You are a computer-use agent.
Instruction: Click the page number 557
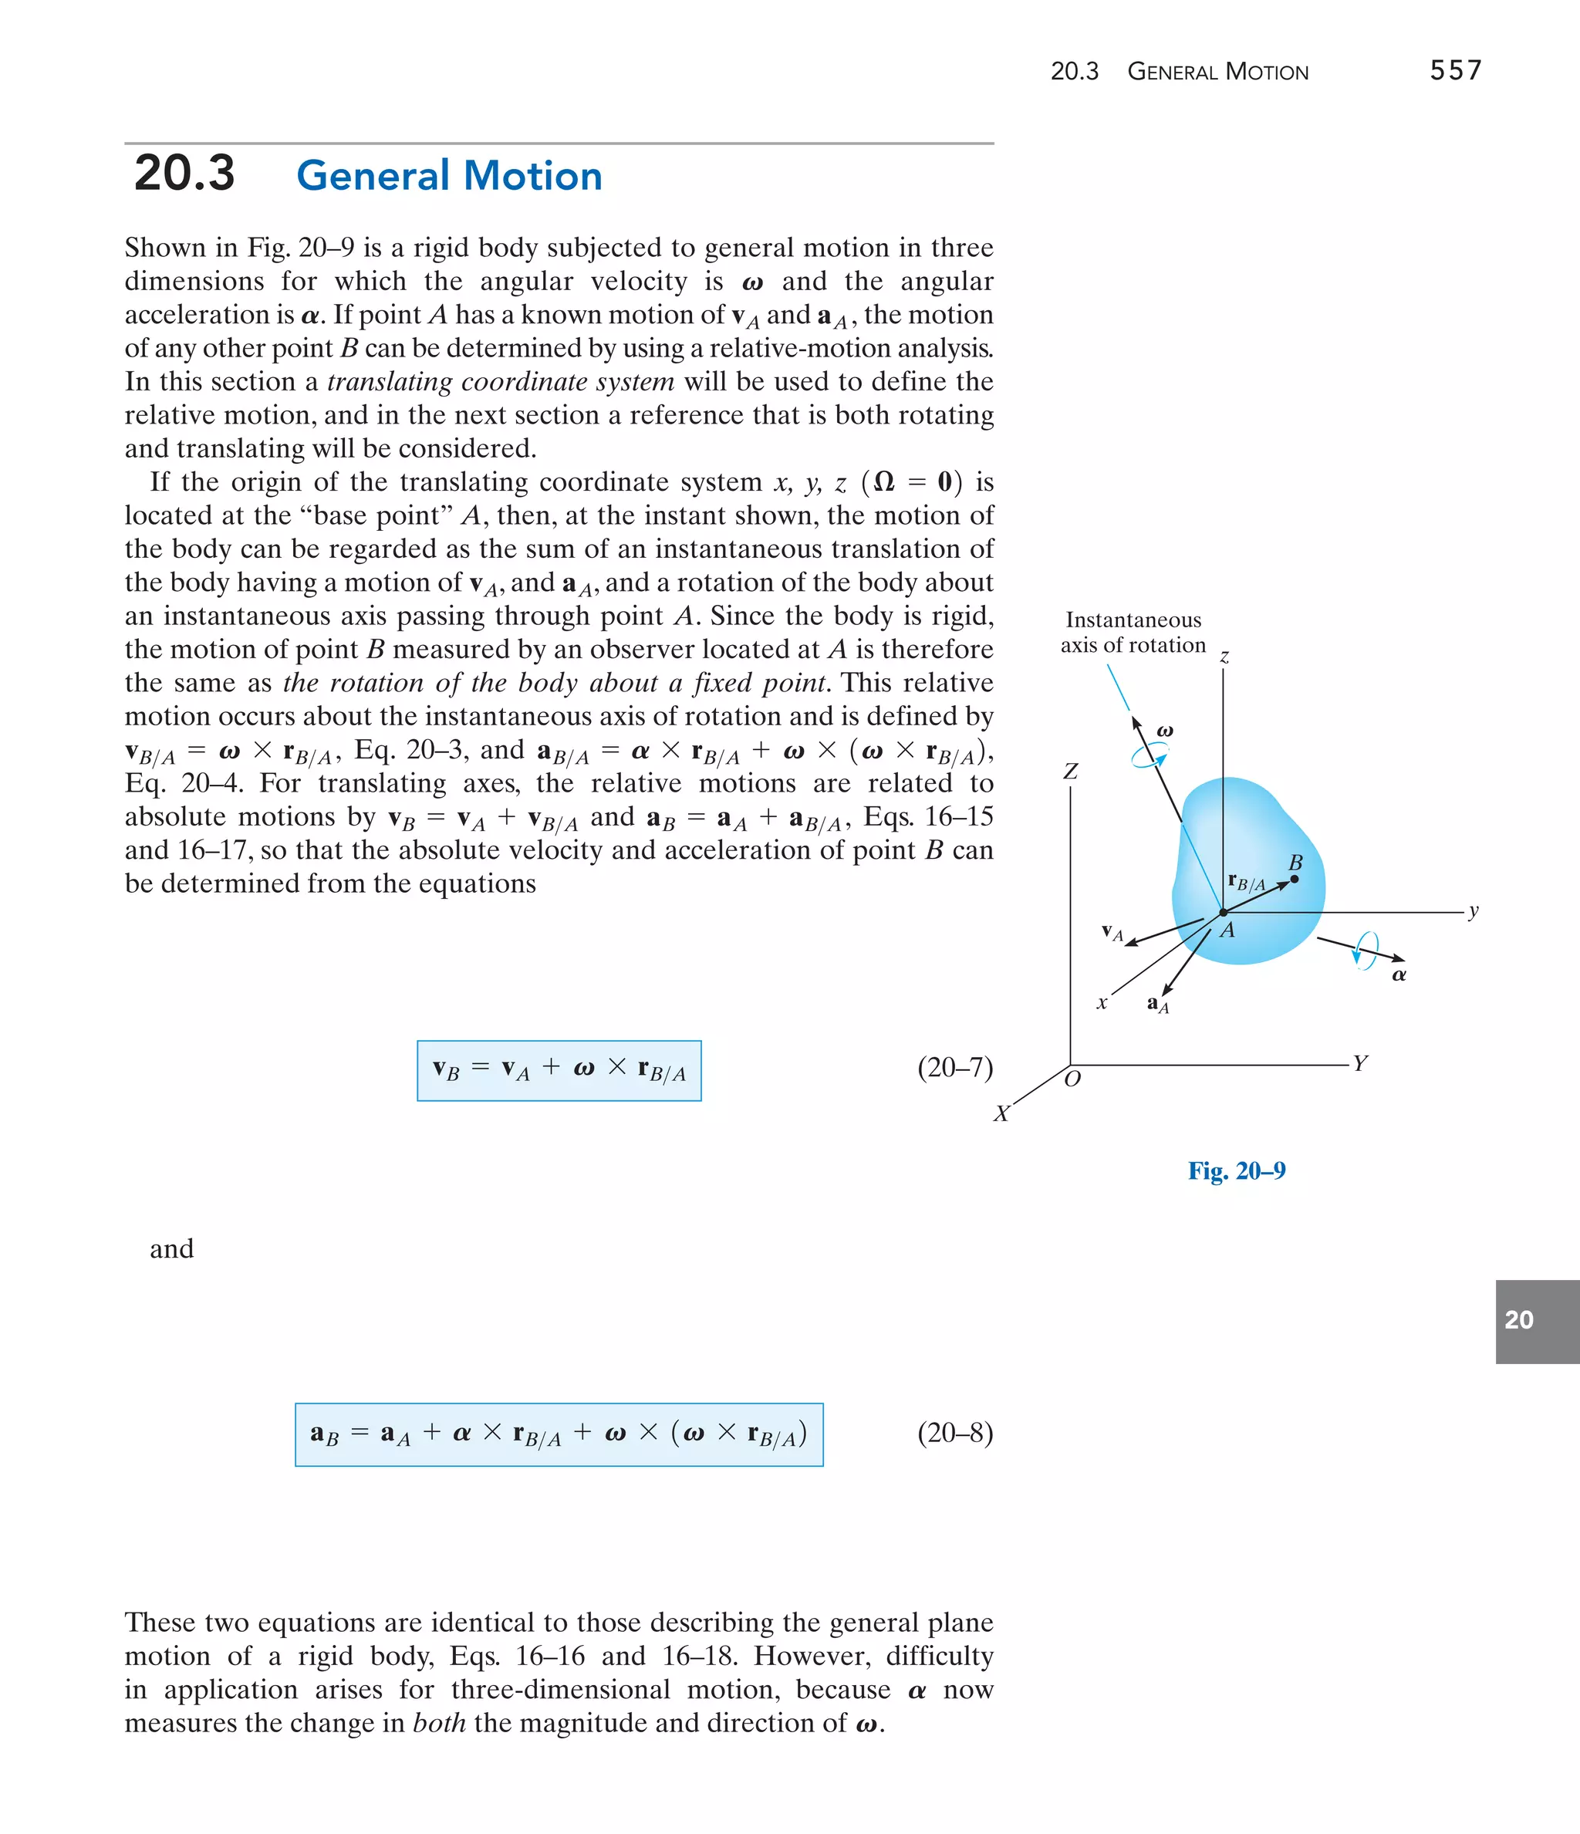pyautogui.click(x=1455, y=71)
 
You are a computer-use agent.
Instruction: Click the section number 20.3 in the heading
pyautogui.click(x=184, y=173)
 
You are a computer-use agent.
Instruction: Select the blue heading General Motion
pyautogui.click(x=449, y=175)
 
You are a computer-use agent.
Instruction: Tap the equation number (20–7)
pyautogui.click(x=954, y=1068)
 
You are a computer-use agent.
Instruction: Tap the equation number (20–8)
pyautogui.click(x=954, y=1432)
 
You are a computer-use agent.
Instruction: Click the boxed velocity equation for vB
pyautogui.click(x=559, y=1070)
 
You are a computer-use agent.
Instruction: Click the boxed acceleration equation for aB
pyautogui.click(x=559, y=1434)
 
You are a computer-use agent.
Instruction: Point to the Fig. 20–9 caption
pyautogui.click(x=1236, y=1171)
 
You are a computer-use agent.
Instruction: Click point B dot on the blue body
pyautogui.click(x=1294, y=879)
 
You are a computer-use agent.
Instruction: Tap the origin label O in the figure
pyautogui.click(x=1072, y=1079)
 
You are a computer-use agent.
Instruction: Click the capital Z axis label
pyautogui.click(x=1070, y=772)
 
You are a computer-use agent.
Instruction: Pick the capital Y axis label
pyautogui.click(x=1360, y=1063)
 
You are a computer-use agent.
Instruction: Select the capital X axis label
pyautogui.click(x=1001, y=1113)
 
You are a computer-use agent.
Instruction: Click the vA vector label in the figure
pyautogui.click(x=1112, y=932)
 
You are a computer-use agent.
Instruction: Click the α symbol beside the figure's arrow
pyautogui.click(x=1399, y=975)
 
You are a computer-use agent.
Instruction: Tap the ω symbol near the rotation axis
pyautogui.click(x=1165, y=731)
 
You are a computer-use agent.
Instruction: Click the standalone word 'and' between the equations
pyautogui.click(x=172, y=1249)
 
